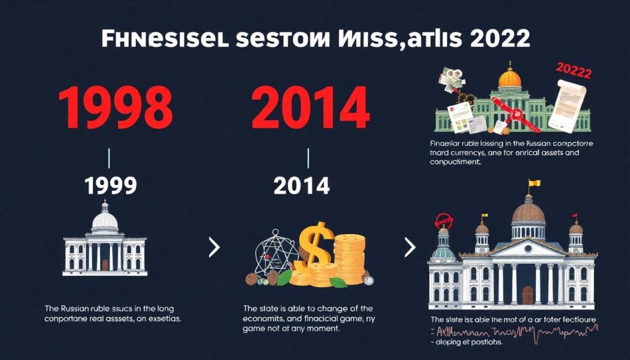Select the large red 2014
pyautogui.click(x=310, y=108)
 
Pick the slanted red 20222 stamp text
pyautogui.click(x=573, y=72)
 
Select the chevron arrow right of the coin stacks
pyautogui.click(x=410, y=248)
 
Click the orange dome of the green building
pyautogui.click(x=509, y=78)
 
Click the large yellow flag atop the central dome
pyautogui.click(x=533, y=183)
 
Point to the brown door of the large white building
pyautogui.click(x=527, y=295)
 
